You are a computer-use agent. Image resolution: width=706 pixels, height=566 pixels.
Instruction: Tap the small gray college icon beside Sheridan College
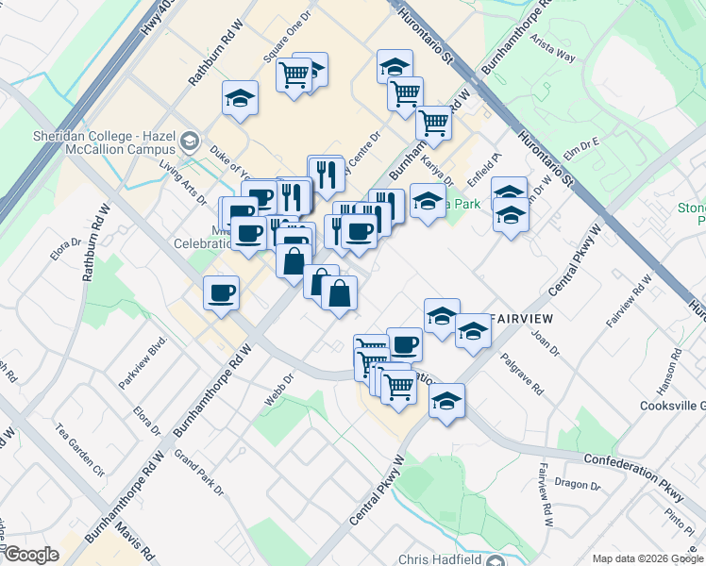190,141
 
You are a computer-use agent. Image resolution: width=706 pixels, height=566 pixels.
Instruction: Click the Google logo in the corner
31,555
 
